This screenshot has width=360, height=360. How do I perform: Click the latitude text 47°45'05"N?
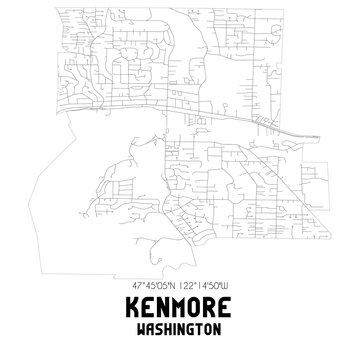pos(150,290)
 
